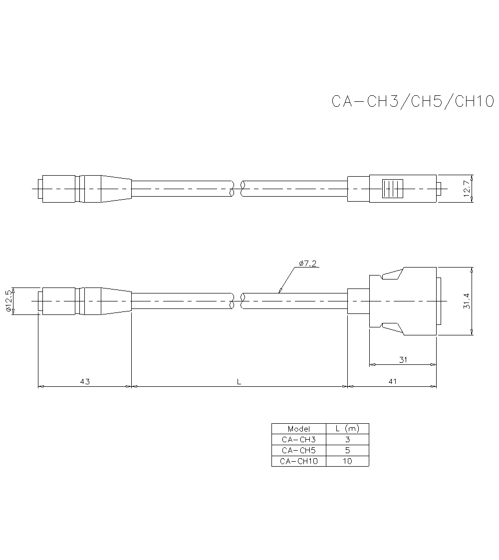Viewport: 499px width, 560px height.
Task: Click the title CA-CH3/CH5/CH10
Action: [x=413, y=101]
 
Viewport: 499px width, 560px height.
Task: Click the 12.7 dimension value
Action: [x=468, y=189]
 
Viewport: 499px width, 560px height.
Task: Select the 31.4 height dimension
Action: [x=467, y=301]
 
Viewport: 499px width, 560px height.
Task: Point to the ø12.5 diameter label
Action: [x=8, y=301]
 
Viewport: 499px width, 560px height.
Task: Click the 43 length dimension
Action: [x=85, y=381]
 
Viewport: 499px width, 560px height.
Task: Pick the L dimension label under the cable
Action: [x=239, y=381]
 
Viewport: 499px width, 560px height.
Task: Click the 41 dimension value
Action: [x=393, y=381]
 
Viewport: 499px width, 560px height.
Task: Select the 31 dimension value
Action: [x=403, y=359]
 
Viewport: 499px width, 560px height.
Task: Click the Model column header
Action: [x=298, y=429]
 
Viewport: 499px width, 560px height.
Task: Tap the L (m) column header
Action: [x=347, y=429]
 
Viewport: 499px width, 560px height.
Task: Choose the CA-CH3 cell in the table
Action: [x=298, y=440]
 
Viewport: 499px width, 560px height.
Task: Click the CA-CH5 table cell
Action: [x=298, y=450]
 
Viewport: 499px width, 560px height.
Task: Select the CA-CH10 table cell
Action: [x=298, y=461]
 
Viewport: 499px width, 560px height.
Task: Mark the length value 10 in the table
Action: [x=347, y=461]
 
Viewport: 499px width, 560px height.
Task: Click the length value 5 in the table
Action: [x=347, y=450]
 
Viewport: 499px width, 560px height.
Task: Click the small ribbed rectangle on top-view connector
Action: [x=393, y=189]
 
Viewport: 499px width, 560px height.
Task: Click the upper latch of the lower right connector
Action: [x=392, y=275]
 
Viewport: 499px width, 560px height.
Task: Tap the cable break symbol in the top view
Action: [x=238, y=189]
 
